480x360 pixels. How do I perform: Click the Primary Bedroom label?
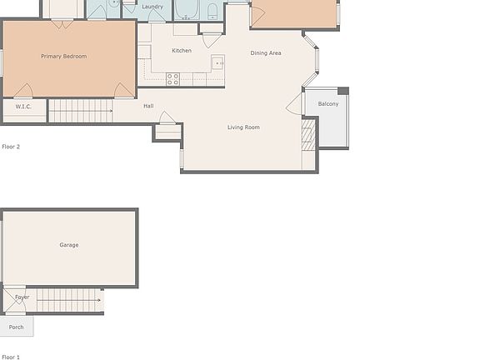pyautogui.click(x=64, y=57)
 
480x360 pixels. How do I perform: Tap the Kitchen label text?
pyautogui.click(x=182, y=51)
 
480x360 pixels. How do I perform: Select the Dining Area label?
pyautogui.click(x=266, y=53)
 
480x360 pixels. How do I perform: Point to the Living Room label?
pyautogui.click(x=244, y=127)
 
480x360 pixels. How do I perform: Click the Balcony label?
pyautogui.click(x=328, y=104)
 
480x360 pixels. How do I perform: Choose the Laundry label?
pyautogui.click(x=152, y=7)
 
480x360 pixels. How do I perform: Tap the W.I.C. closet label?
pyautogui.click(x=23, y=107)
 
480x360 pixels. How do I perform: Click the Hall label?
pyautogui.click(x=148, y=106)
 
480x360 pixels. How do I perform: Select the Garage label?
pyautogui.click(x=69, y=245)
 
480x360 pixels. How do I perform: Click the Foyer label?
pyautogui.click(x=22, y=297)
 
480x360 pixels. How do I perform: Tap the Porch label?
pyautogui.click(x=17, y=327)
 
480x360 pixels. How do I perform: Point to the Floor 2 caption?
pyautogui.click(x=11, y=147)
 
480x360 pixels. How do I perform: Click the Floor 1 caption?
pyautogui.click(x=11, y=357)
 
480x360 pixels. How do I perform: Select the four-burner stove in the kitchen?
pyautogui.click(x=173, y=79)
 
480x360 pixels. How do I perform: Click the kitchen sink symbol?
pyautogui.click(x=217, y=62)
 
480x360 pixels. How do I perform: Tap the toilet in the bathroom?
pyautogui.click(x=212, y=12)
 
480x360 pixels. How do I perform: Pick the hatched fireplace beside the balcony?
pyautogui.click(x=308, y=134)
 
